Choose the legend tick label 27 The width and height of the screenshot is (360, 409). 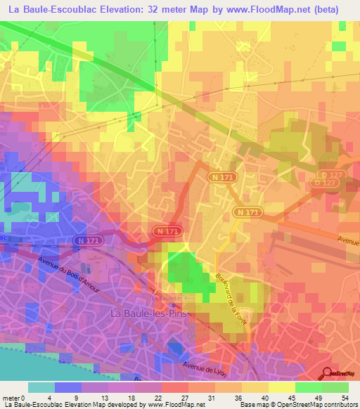(186, 397)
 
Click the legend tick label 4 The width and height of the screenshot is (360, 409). (49, 397)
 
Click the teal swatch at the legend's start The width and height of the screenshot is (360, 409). (41, 387)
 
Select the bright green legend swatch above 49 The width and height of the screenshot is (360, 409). (309, 387)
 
